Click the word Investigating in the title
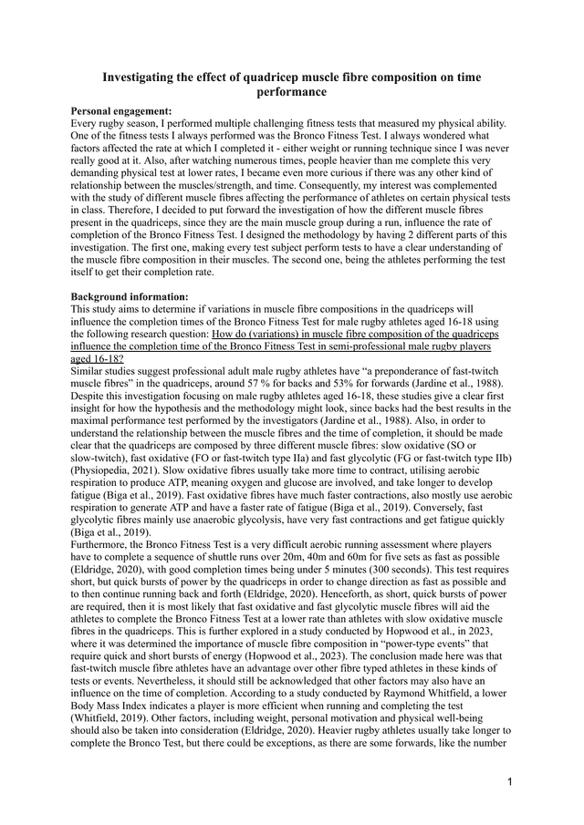click(x=144, y=78)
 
